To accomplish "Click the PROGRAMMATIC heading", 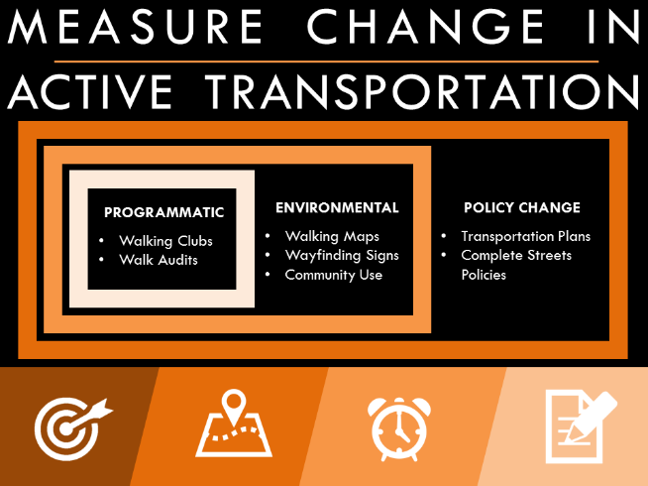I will tap(164, 212).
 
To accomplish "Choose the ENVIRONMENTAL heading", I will tap(337, 208).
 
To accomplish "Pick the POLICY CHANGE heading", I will tap(522, 208).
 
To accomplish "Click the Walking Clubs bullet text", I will tap(165, 241).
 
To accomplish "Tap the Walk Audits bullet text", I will tap(159, 260).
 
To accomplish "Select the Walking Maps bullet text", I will tap(332, 236).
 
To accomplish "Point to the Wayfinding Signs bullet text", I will tap(342, 255).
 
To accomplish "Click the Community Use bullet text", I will tap(334, 275).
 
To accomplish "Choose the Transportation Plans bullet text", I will tap(525, 236).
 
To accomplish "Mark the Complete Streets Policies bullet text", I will tap(516, 265).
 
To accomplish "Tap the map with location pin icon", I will tap(234, 425).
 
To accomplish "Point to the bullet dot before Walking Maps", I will tap(269, 237).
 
